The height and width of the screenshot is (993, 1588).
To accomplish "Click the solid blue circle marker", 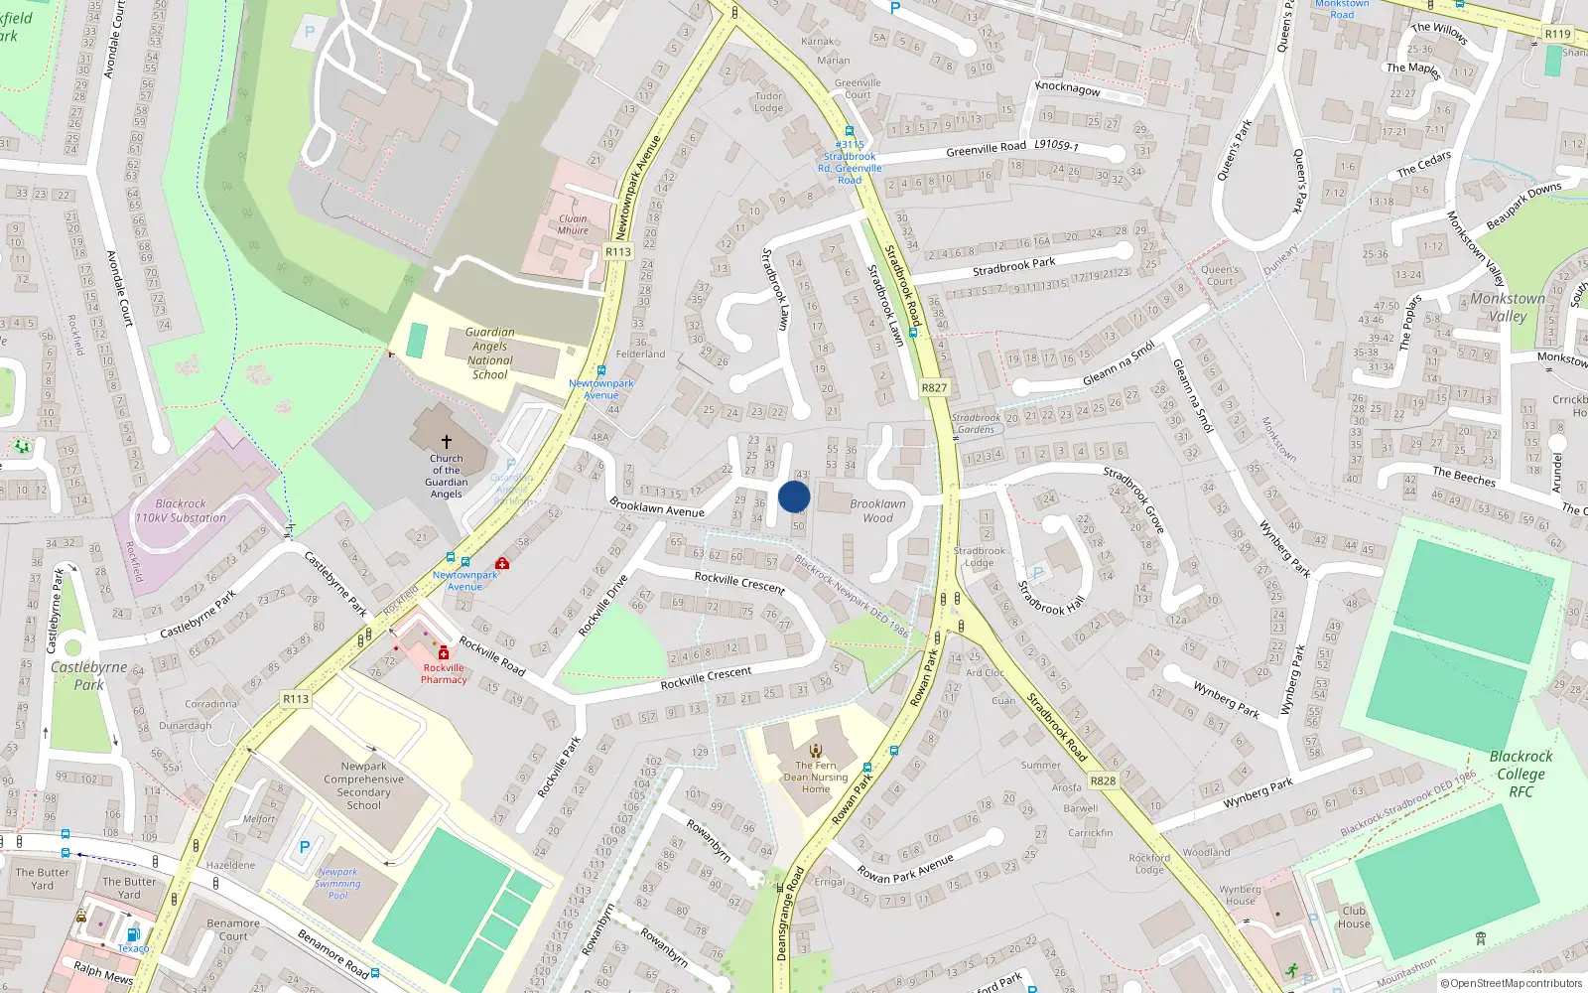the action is click(x=794, y=496).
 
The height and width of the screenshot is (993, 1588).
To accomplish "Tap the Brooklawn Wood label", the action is click(x=877, y=510).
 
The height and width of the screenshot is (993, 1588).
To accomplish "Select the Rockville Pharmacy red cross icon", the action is click(x=444, y=652).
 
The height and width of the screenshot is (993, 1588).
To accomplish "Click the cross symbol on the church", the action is click(x=447, y=441).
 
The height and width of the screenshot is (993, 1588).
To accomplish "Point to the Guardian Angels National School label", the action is click(x=490, y=354).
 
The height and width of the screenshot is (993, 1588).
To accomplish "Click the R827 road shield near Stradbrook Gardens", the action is click(x=934, y=388).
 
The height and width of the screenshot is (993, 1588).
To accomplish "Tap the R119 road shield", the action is click(x=1557, y=34).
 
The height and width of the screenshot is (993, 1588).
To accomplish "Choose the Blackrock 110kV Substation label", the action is click(x=181, y=510).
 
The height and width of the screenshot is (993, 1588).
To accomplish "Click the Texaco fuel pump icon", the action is click(x=133, y=934).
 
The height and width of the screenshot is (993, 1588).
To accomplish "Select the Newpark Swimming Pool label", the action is click(x=337, y=884).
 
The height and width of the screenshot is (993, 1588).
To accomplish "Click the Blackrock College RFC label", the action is click(x=1521, y=774).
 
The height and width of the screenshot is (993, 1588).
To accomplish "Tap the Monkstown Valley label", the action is click(x=1508, y=307).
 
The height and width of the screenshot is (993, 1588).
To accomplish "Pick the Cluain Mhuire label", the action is click(x=573, y=224).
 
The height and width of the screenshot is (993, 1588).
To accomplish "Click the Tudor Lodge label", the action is click(x=768, y=102).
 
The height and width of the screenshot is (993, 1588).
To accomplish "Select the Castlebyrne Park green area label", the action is click(x=88, y=675).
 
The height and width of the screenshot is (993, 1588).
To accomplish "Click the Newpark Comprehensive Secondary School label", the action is click(x=363, y=785).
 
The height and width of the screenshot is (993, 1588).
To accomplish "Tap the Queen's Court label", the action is click(x=1220, y=275).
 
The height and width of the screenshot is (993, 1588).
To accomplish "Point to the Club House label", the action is click(x=1354, y=917).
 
